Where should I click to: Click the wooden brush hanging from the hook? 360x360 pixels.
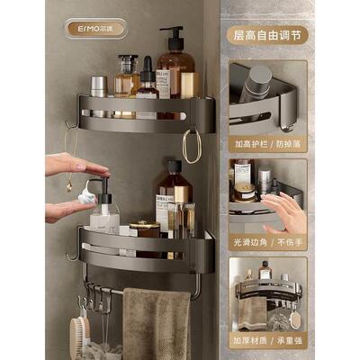click(81, 338)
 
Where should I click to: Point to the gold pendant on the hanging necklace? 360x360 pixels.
click(68, 185)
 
